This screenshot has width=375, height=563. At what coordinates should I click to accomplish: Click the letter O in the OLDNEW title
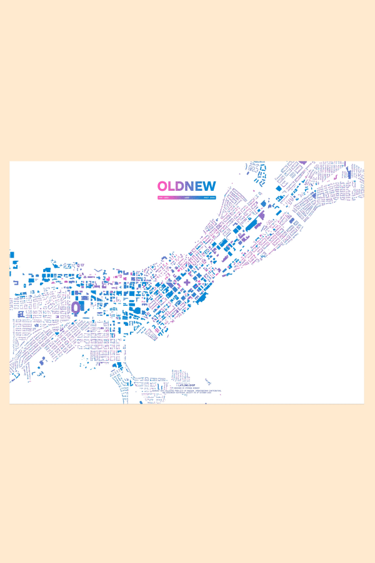pyautogui.click(x=163, y=186)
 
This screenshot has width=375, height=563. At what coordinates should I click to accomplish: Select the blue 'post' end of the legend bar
pyautogui.click(x=210, y=197)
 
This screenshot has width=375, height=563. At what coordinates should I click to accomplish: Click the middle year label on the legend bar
pyautogui.click(x=186, y=197)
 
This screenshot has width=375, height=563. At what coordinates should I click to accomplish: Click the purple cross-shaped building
pyautogui.click(x=186, y=283)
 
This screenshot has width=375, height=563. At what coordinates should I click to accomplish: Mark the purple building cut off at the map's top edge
pyautogui.click(x=303, y=163)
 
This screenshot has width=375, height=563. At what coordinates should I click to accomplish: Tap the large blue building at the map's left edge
pyautogui.click(x=11, y=255)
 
